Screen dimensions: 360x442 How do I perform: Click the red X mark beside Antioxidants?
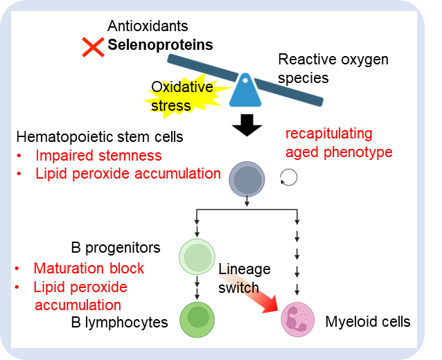[92, 47]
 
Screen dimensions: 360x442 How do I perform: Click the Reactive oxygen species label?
[333, 69]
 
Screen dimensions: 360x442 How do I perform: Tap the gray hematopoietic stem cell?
[247, 179]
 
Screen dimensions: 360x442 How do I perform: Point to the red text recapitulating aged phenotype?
[338, 143]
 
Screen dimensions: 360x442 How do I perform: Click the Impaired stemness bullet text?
[98, 155]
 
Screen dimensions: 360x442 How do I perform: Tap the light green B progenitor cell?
[197, 257]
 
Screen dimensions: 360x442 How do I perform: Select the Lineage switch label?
[244, 278]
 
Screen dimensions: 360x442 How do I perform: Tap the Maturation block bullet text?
[89, 268]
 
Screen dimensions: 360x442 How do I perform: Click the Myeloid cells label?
[367, 322]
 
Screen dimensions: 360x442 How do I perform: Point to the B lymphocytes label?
[119, 322]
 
